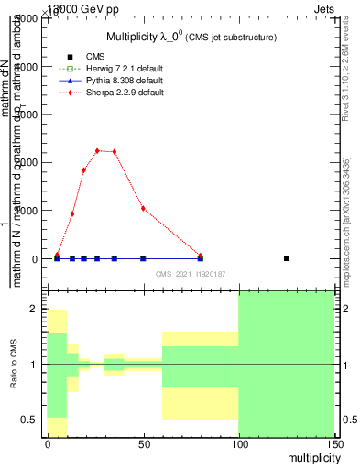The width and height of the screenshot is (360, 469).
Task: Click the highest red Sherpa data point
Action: click(97, 150)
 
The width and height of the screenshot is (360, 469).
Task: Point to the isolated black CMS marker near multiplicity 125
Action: click(287, 258)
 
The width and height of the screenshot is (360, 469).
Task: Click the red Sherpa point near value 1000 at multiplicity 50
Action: click(143, 208)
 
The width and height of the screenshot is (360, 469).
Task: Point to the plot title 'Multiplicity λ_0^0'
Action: click(191, 37)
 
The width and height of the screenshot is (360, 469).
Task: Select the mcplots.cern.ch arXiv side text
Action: click(345, 219)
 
